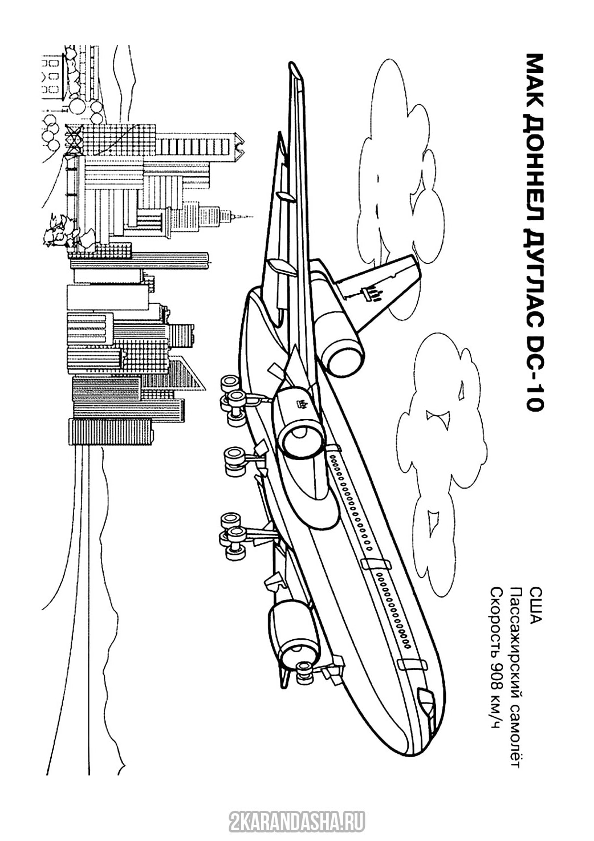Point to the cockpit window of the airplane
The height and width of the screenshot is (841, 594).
tap(425, 696)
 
